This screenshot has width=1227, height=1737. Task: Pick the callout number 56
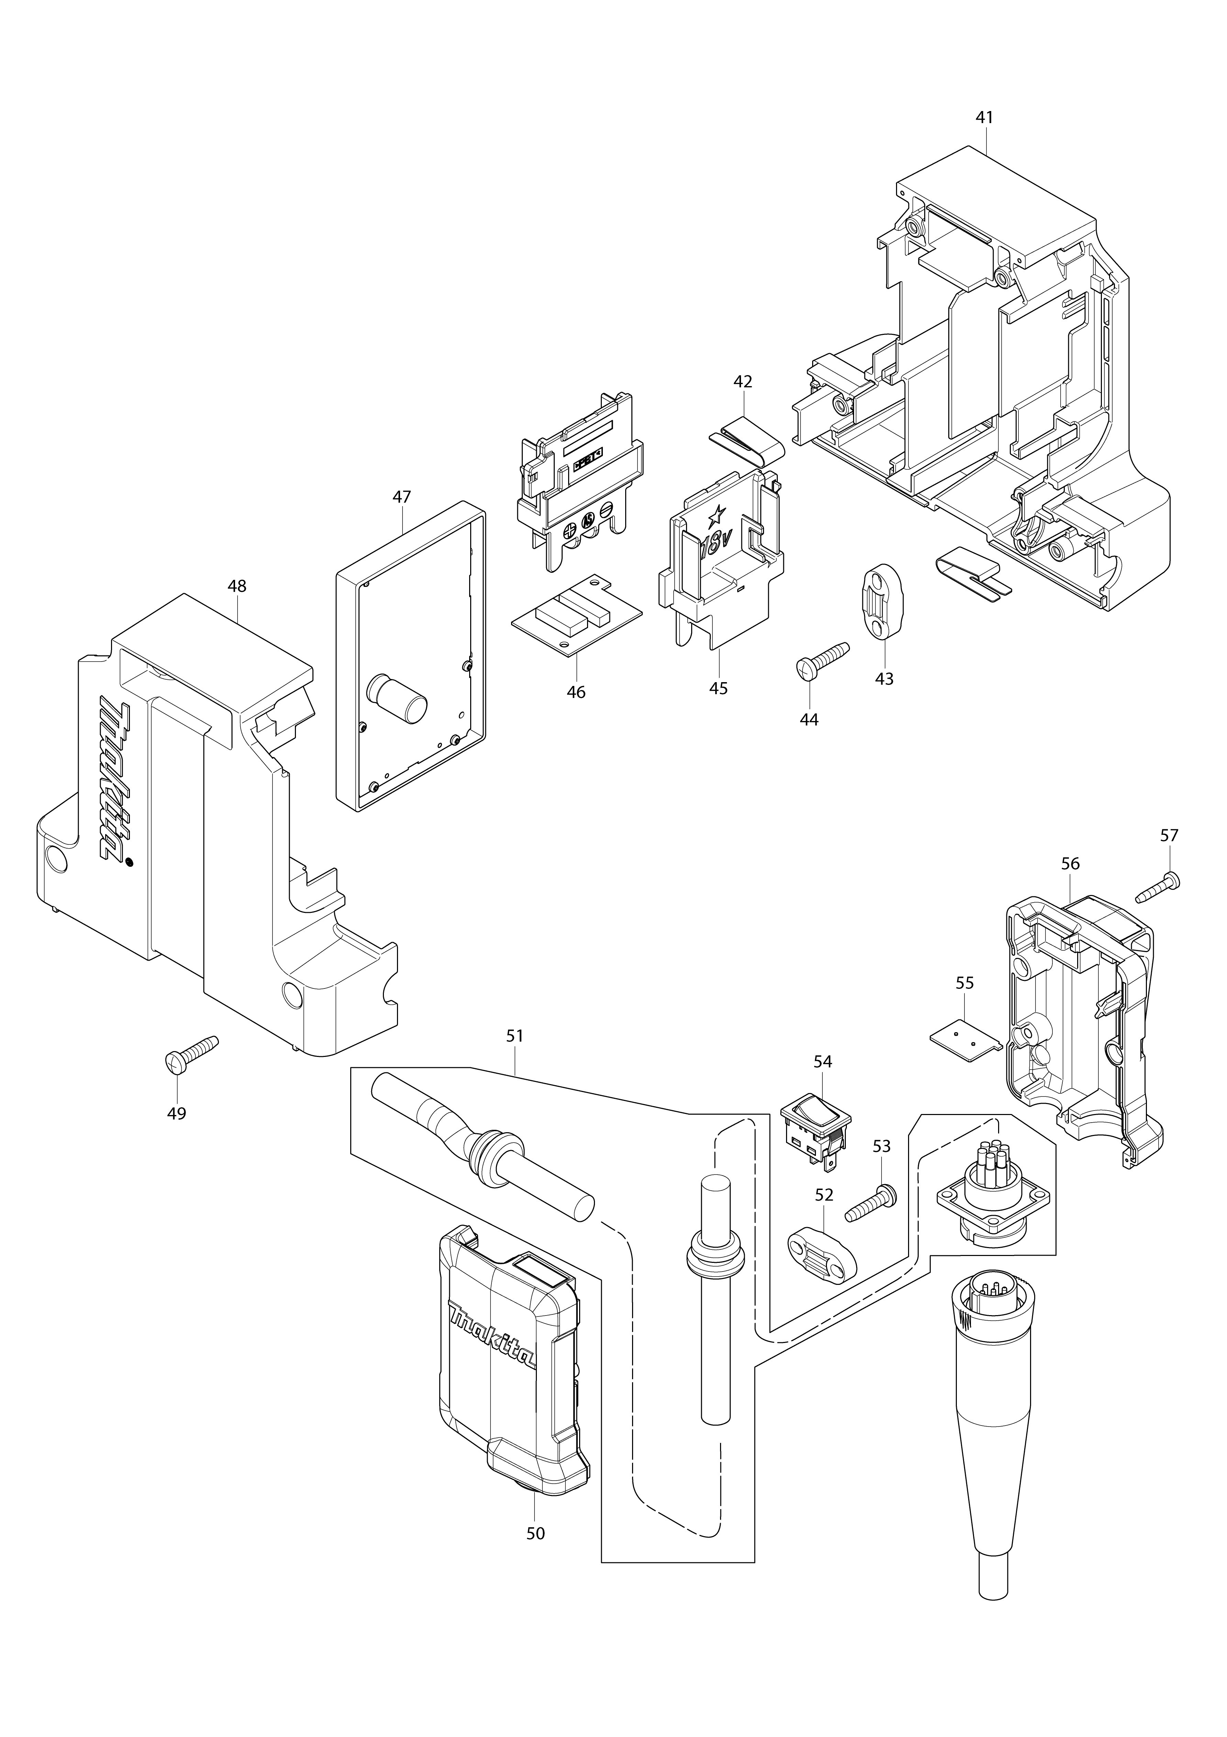(1070, 863)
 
